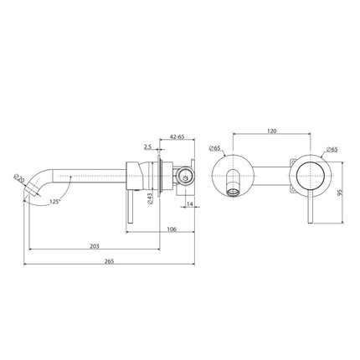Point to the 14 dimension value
click(190, 202)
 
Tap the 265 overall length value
click(109, 261)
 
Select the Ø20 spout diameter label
click(18, 177)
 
